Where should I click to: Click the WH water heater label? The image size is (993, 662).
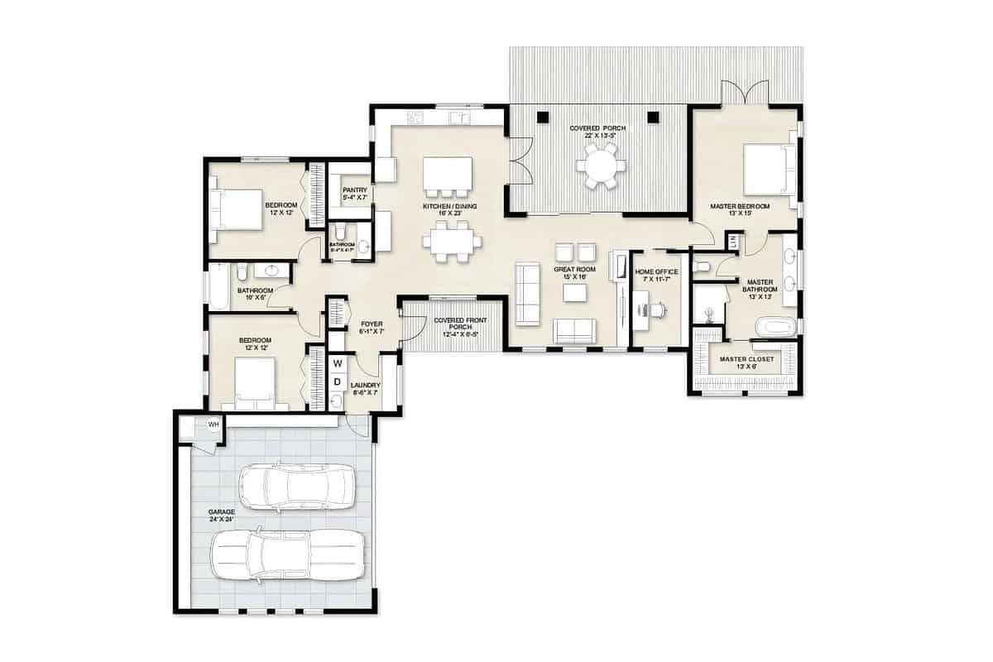(213, 425)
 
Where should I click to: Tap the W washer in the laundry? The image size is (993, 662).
(338, 362)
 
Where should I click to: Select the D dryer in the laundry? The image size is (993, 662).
(338, 381)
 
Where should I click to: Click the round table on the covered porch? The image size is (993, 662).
(602, 165)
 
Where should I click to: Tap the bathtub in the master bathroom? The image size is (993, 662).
(775, 326)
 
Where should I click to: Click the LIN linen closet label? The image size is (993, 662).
(732, 241)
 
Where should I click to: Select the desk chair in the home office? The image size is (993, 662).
(662, 309)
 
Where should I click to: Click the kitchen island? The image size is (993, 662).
(448, 175)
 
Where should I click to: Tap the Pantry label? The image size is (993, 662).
(354, 194)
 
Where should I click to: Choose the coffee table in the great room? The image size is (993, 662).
(574, 292)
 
